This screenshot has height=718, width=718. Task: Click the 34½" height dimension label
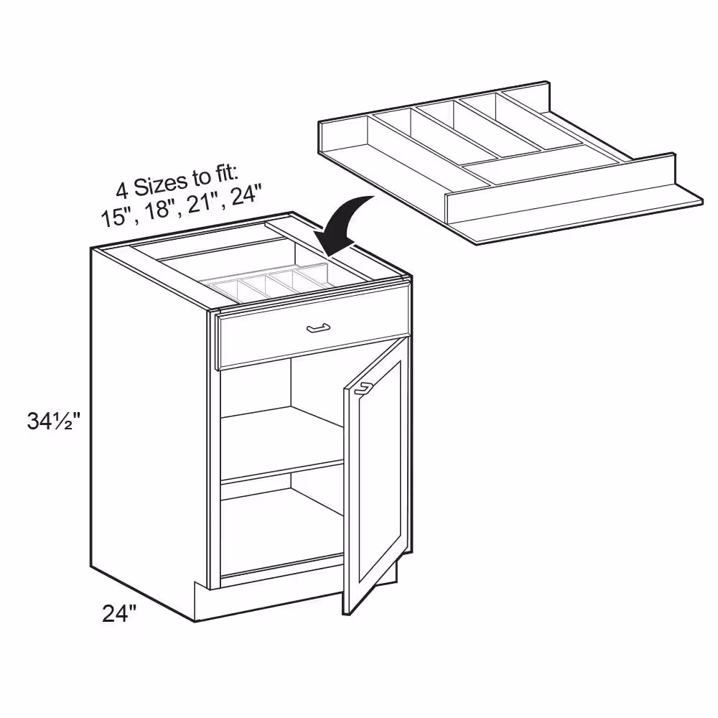pos(54,421)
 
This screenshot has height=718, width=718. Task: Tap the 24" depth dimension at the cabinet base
pos(119,614)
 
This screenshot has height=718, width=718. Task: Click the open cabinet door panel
pos(376,476)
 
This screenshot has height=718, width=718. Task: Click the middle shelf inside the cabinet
pos(282,444)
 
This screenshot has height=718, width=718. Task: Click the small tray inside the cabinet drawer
pos(270,284)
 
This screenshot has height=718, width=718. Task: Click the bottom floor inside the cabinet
pos(282,536)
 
